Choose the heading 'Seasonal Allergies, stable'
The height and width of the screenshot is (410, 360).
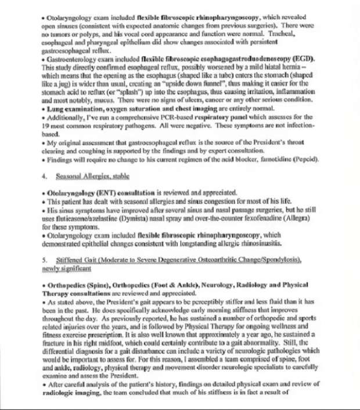(x=93, y=175)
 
